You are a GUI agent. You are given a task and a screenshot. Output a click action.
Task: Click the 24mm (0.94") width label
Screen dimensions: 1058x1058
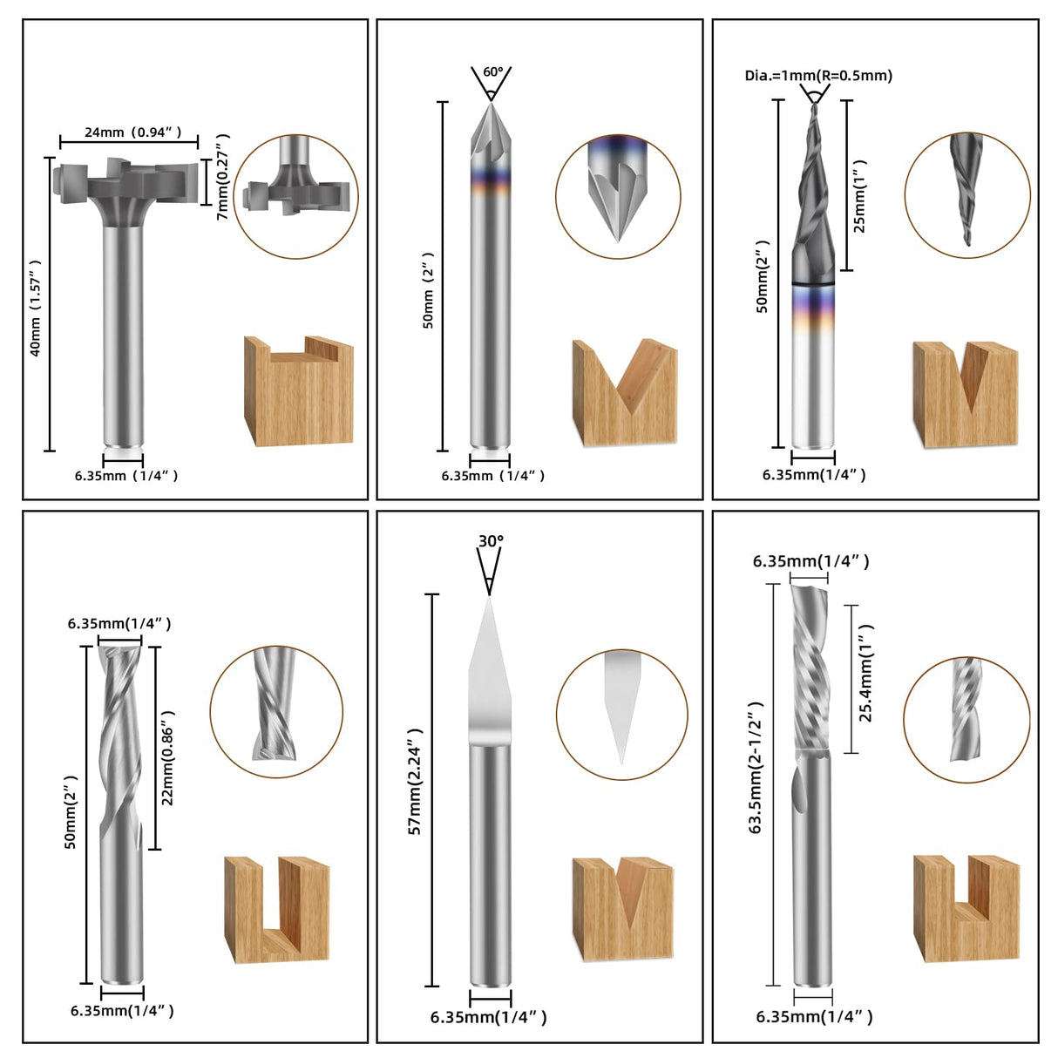132,132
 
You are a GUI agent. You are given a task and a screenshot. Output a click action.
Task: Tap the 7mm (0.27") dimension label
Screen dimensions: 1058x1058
223,177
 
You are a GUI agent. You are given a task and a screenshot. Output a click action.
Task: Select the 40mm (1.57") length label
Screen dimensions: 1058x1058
36,308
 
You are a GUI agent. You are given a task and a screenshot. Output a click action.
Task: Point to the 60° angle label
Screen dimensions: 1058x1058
492,71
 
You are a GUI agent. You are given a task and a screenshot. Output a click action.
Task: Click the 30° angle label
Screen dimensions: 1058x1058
491,541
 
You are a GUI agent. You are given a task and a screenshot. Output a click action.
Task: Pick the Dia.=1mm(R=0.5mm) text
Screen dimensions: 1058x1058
818,76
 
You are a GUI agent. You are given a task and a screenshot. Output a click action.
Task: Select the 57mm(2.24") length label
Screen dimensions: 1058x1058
416,781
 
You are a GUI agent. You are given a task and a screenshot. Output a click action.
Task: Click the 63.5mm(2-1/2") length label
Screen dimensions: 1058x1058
756,767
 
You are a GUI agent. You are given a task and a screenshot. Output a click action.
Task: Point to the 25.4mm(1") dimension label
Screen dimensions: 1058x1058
865,673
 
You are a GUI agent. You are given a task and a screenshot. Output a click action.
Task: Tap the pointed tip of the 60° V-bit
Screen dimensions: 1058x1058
491,104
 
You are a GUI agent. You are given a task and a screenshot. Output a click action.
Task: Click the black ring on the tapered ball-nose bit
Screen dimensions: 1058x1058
813,283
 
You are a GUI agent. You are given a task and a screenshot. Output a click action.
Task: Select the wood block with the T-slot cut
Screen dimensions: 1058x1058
298,390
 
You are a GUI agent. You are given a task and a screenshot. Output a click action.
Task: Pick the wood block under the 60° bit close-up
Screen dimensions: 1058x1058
624,393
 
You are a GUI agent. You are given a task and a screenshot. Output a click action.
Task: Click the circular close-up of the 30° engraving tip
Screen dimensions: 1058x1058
621,715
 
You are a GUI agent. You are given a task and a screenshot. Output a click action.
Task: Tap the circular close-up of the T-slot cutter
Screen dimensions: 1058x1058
295,196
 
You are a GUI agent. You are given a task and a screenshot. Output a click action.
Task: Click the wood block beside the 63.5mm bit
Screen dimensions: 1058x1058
966,908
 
